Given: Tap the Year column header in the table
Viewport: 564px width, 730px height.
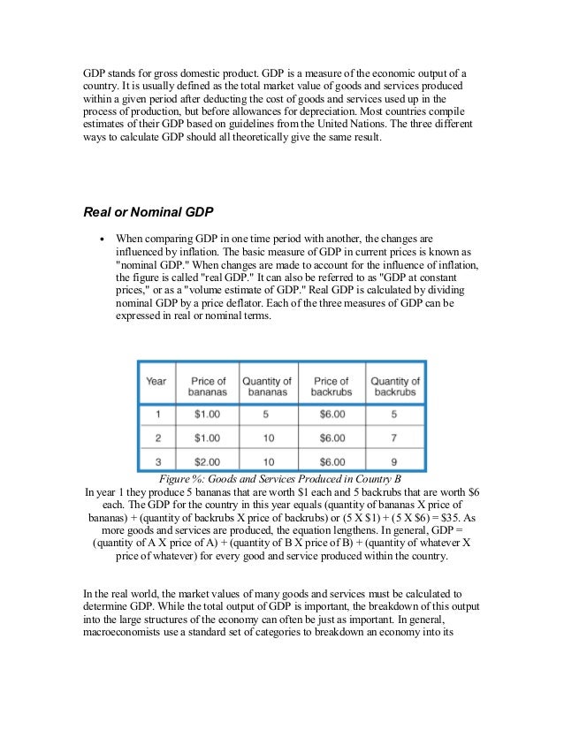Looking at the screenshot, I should [x=156, y=382].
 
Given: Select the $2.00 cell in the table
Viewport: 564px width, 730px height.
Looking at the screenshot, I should [x=209, y=460].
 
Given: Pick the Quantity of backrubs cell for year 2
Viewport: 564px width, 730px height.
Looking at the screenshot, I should [x=394, y=437].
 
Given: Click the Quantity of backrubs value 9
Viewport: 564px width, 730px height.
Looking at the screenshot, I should [x=394, y=460].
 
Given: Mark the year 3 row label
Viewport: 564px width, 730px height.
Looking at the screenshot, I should [x=156, y=460].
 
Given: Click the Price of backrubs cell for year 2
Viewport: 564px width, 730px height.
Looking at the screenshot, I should [x=332, y=437].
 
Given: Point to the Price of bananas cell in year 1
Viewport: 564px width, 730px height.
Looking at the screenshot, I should [x=209, y=413].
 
